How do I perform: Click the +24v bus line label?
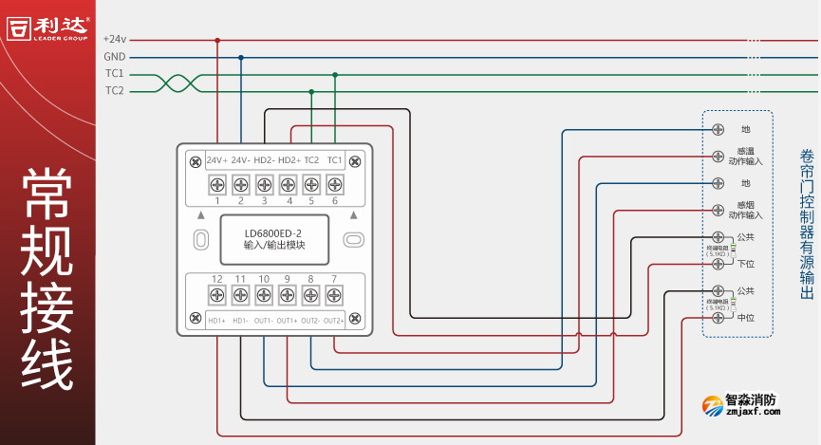point(114,39)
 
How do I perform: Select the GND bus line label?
point(115,57)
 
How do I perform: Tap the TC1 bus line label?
point(115,74)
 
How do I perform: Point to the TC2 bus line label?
point(115,91)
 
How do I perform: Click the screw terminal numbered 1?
point(216,184)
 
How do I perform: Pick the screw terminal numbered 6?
point(334,184)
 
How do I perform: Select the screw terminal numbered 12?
point(216,295)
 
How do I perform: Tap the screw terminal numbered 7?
point(334,295)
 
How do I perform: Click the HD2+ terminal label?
point(289,160)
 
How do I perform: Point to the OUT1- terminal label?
point(263,321)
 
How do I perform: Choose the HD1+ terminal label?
point(216,321)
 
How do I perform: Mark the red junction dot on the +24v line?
point(217,40)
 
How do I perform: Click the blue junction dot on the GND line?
point(240,57)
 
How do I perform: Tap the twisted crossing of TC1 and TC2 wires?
point(177,83)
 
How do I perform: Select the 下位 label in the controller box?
point(746,264)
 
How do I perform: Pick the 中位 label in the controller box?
point(746,317)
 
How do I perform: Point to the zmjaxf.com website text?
point(753,412)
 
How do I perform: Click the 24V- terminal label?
point(240,160)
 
